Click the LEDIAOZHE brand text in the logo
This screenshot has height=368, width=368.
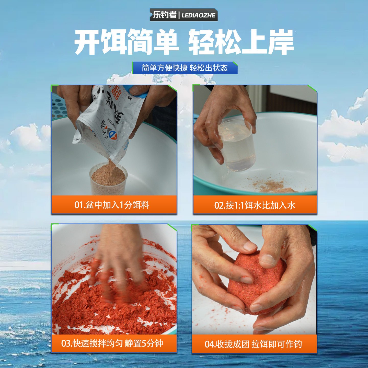click(198, 15)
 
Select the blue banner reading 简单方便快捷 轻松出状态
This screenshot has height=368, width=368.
click(185, 68)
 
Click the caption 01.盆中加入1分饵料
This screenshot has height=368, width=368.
click(112, 205)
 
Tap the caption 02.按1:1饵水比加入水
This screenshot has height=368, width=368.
click(255, 205)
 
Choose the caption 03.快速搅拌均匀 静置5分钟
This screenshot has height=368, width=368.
click(112, 343)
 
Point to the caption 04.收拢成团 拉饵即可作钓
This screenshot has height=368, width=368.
click(253, 344)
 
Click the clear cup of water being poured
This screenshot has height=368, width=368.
click(236, 144)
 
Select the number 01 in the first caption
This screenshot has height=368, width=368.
click(79, 205)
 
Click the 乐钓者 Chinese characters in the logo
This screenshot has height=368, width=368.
click(165, 15)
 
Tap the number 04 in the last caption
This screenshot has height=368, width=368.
click(210, 344)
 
